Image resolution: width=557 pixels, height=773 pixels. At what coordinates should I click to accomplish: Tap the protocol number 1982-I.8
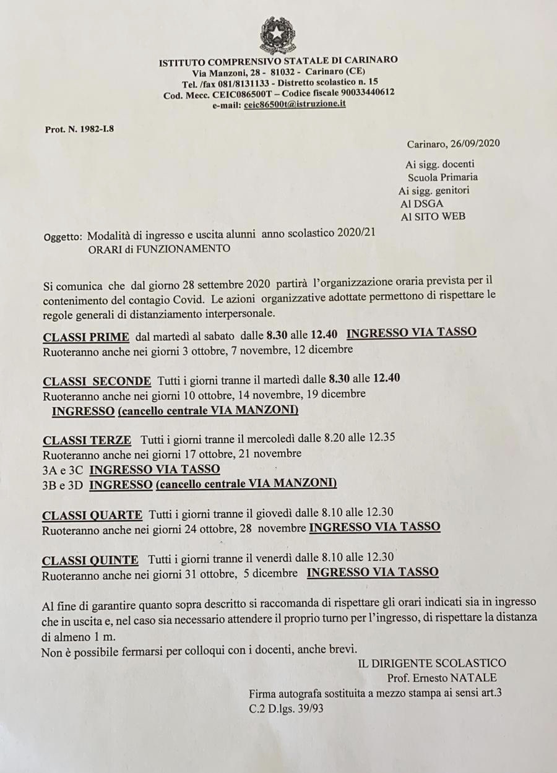click(93, 129)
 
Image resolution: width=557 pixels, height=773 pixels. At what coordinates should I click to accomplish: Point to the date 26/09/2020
click(477, 144)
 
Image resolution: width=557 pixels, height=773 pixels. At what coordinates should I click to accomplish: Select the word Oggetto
click(63, 236)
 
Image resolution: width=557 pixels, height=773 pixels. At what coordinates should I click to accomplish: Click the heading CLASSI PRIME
click(86, 337)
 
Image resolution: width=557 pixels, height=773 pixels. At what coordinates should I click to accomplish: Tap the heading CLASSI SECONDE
click(97, 381)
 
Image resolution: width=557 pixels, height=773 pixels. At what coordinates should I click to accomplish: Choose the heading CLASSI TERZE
click(87, 441)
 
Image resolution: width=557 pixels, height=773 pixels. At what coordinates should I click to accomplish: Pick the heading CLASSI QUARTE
click(92, 515)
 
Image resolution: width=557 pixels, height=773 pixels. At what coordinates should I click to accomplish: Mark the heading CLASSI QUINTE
click(90, 561)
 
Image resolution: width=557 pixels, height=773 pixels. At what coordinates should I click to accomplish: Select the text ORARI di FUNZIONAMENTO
click(159, 249)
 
